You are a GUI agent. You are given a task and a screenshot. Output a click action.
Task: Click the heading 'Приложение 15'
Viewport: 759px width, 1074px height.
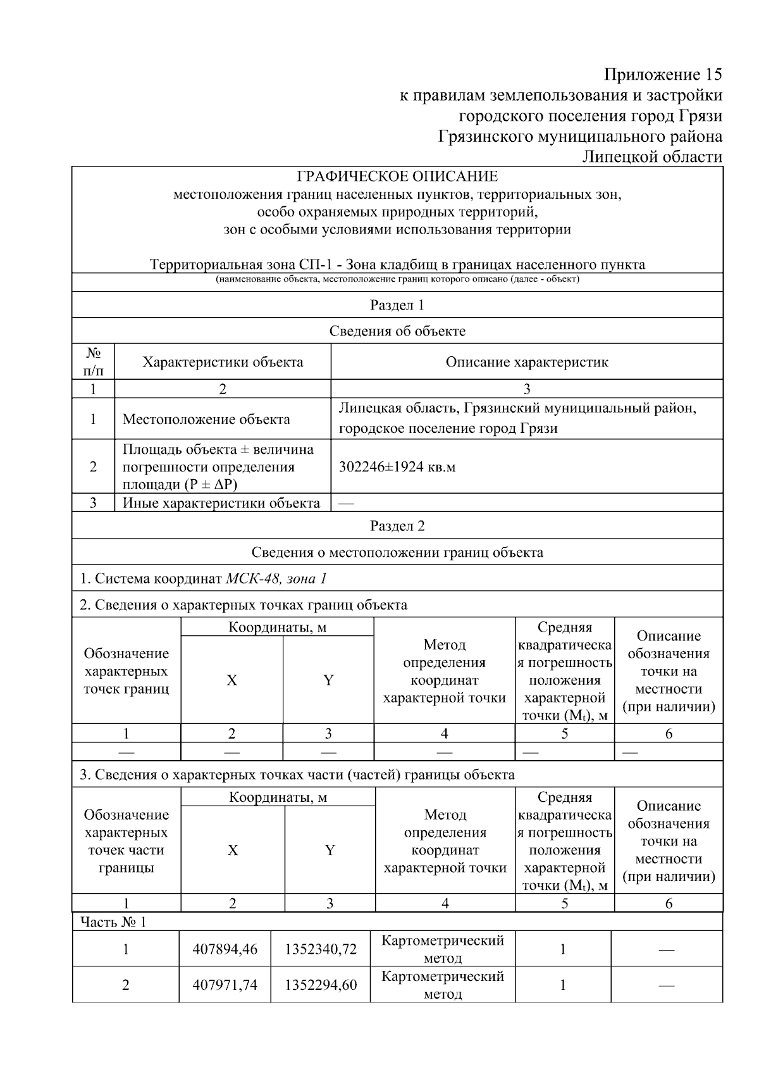[662, 75]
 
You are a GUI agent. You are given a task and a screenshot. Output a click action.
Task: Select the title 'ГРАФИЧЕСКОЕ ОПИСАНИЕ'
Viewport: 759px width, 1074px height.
[397, 177]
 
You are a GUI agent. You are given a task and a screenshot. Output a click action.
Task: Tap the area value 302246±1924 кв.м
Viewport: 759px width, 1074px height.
[397, 467]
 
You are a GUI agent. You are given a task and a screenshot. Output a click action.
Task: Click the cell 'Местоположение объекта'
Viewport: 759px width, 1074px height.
[206, 419]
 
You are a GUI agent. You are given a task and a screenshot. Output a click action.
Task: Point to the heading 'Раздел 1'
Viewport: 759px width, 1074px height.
[397, 305]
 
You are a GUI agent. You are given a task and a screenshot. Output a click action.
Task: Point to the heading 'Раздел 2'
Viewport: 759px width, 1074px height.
[397, 526]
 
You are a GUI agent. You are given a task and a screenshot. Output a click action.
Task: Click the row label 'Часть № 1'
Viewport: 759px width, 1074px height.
[113, 922]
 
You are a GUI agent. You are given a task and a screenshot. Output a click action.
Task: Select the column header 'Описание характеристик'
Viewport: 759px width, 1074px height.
[527, 362]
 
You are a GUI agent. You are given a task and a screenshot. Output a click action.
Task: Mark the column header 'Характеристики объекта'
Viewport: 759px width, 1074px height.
[223, 362]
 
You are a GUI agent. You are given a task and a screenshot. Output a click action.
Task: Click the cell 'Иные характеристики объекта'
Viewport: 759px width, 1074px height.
[221, 503]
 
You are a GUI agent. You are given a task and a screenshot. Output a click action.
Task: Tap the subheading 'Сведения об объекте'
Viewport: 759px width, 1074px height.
[397, 331]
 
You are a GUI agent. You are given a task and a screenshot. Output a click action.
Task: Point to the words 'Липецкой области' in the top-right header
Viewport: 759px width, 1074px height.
[652, 157]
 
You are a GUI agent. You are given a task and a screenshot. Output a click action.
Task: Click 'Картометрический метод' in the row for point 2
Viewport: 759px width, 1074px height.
[443, 985]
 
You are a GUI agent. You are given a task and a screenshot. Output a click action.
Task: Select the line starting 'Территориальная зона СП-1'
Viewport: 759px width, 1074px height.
[397, 265]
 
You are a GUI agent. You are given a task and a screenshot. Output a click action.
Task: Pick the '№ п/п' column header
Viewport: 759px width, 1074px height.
[94, 361]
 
